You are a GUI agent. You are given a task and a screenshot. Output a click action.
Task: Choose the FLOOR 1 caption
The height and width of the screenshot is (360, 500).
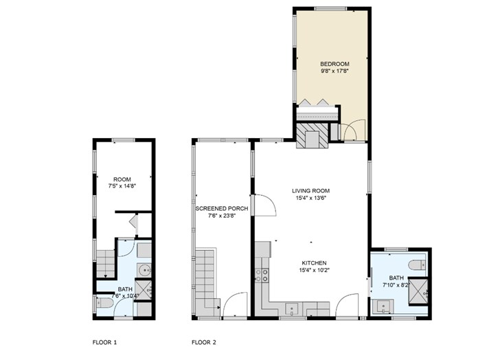pyautogui.click(x=104, y=341)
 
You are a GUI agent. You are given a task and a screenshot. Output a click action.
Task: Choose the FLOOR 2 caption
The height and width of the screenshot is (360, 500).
pyautogui.click(x=204, y=341)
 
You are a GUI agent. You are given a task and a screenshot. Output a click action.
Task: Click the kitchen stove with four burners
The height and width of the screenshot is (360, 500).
pyautogui.click(x=262, y=275)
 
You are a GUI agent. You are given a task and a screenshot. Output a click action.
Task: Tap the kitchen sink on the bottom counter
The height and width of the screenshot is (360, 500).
pyautogui.click(x=291, y=308)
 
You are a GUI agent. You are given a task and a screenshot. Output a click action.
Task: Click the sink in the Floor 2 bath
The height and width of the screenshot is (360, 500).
pyautogui.click(x=382, y=307)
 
